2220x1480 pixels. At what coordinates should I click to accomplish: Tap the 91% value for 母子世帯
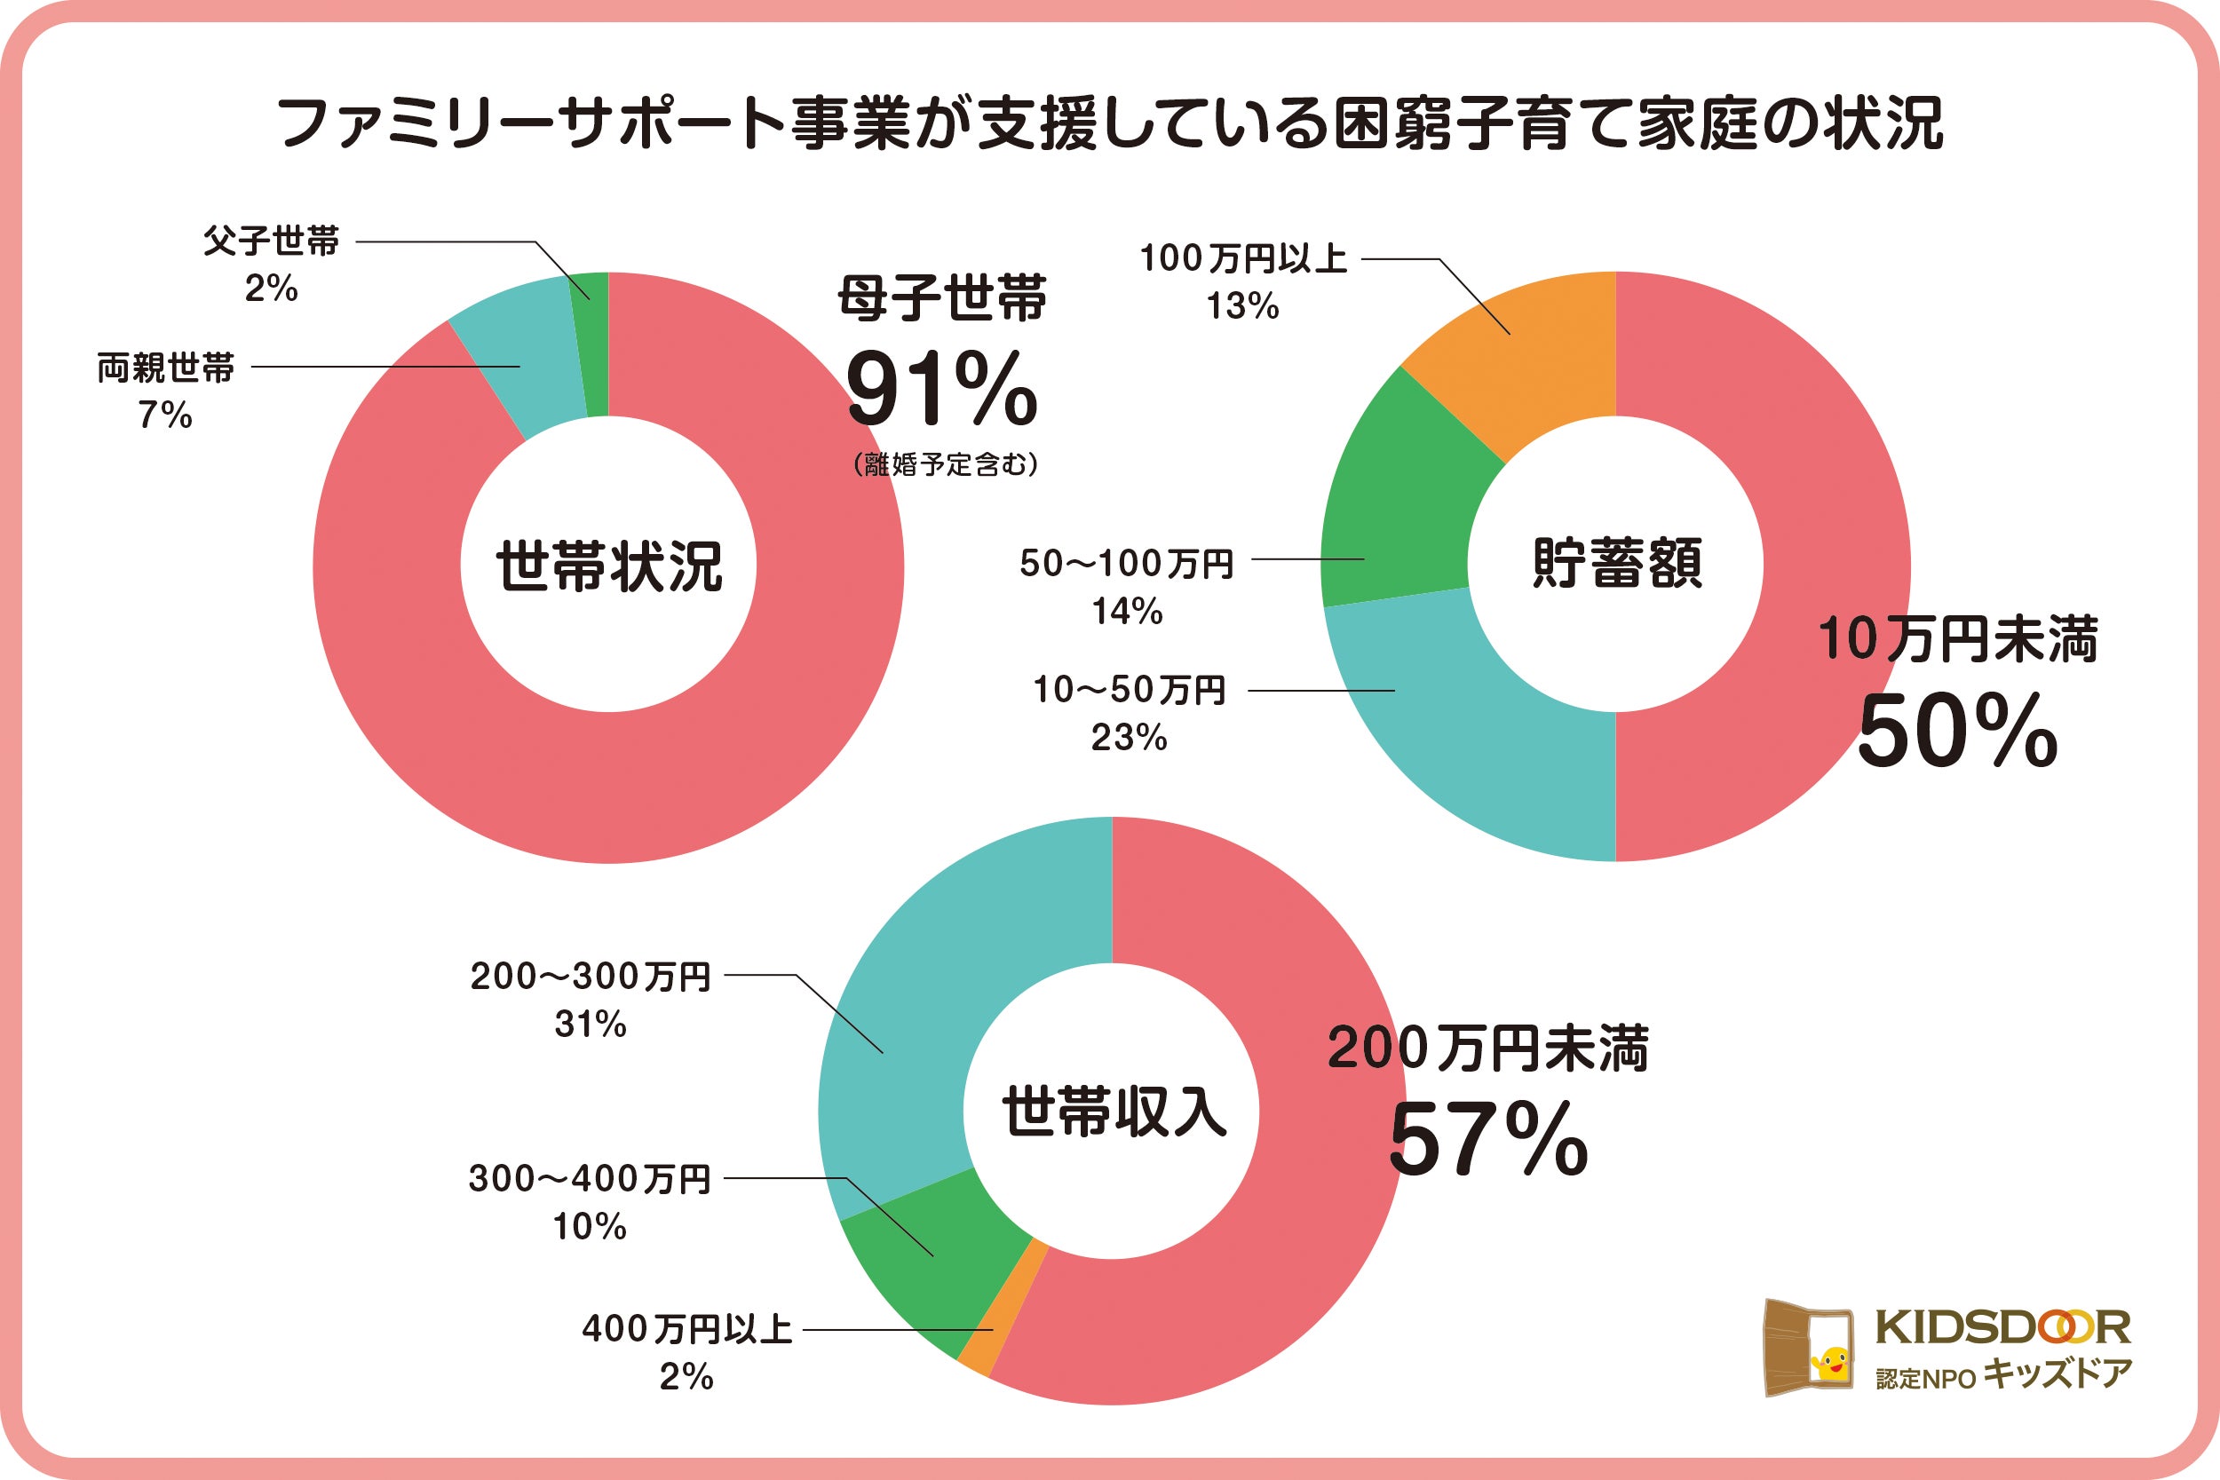[x=942, y=390]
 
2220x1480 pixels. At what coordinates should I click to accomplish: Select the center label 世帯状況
[x=609, y=566]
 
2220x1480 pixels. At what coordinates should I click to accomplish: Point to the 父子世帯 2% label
[x=271, y=265]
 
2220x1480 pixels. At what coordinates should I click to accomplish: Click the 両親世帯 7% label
[x=166, y=391]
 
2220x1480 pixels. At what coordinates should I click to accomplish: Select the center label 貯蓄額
[x=1616, y=564]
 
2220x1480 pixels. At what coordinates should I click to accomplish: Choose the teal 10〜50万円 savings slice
[x=1472, y=727]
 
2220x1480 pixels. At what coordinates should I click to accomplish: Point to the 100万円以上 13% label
[x=1243, y=281]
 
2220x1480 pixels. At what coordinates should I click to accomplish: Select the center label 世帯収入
[x=1113, y=1111]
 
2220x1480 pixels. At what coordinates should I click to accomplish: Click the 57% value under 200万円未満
[x=1488, y=1142]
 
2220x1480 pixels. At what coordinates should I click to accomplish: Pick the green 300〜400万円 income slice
[x=934, y=1265]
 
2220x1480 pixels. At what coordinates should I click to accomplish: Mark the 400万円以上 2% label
[x=686, y=1352]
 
